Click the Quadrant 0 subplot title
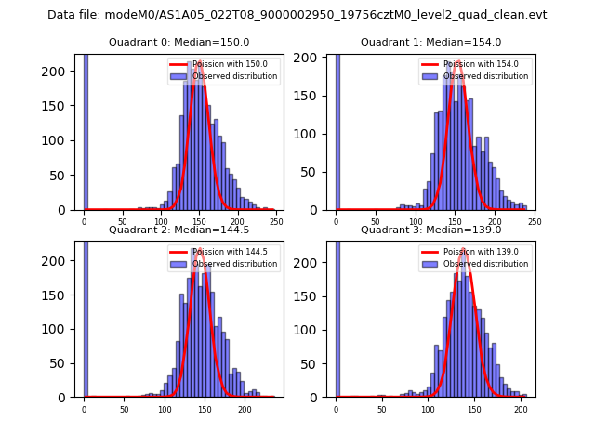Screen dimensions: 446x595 [179, 42]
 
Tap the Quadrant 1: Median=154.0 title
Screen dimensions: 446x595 [430, 42]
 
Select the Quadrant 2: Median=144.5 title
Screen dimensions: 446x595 [179, 230]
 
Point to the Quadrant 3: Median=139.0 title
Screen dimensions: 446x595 [430, 230]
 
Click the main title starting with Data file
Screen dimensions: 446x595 [297, 15]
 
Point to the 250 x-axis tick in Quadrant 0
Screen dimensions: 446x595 [276, 222]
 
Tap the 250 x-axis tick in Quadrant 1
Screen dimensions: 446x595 [534, 222]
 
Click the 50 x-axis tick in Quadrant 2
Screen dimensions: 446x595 [124, 409]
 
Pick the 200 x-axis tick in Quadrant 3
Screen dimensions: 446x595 [521, 409]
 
